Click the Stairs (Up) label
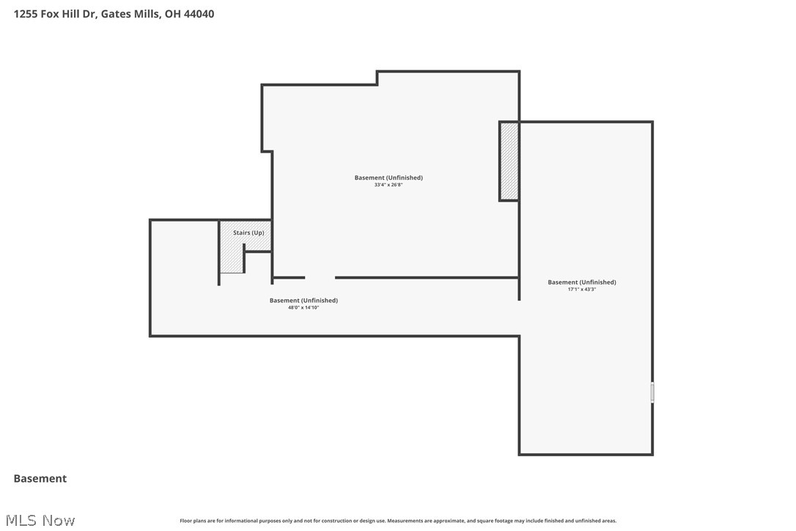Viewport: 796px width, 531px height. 248,232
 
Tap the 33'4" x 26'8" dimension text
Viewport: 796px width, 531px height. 388,185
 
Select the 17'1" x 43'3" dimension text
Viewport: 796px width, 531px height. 582,289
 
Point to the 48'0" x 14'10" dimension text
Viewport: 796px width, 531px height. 303,307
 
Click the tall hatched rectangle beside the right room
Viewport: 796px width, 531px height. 509,161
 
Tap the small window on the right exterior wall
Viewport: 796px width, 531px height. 652,392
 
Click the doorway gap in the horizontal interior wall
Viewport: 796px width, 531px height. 320,277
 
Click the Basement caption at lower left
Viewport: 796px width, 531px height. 40,478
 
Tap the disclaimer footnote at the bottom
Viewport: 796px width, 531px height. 398,521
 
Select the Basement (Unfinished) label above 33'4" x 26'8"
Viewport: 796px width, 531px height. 388,177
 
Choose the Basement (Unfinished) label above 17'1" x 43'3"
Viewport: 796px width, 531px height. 582,282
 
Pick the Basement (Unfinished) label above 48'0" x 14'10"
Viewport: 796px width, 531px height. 303,300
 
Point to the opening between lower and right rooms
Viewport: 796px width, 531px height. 520,318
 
